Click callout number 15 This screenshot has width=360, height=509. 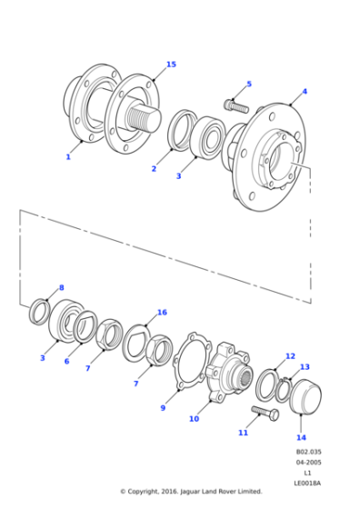[x=171, y=65]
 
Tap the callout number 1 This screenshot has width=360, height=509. [x=67, y=157]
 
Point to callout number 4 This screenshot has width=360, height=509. [x=304, y=91]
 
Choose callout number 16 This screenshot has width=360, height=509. [x=162, y=313]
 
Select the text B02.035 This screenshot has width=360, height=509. [x=308, y=452]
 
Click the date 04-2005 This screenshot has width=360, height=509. [x=308, y=463]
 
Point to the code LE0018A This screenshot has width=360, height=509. [x=308, y=484]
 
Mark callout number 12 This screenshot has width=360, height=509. [x=290, y=356]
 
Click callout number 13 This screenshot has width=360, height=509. [x=305, y=367]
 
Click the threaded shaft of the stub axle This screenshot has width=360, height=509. [x=145, y=117]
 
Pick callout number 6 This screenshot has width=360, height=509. [x=66, y=361]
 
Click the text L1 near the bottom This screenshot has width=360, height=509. [x=308, y=474]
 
